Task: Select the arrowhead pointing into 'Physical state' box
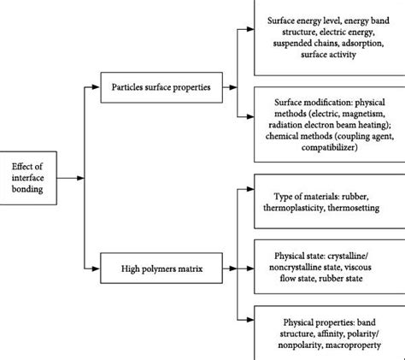pos(250,266)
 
